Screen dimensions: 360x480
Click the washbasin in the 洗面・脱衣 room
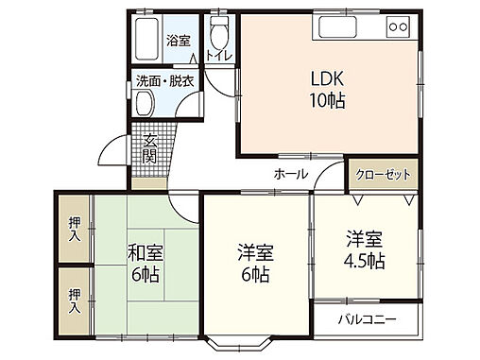pyautogui.click(x=145, y=106)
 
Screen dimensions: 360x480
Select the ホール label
pyautogui.click(x=289, y=174)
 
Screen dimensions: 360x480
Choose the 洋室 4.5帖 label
pyautogui.click(x=364, y=249)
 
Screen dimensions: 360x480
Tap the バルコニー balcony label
pyautogui.click(x=368, y=320)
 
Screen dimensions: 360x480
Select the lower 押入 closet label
pyautogui.click(x=75, y=300)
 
